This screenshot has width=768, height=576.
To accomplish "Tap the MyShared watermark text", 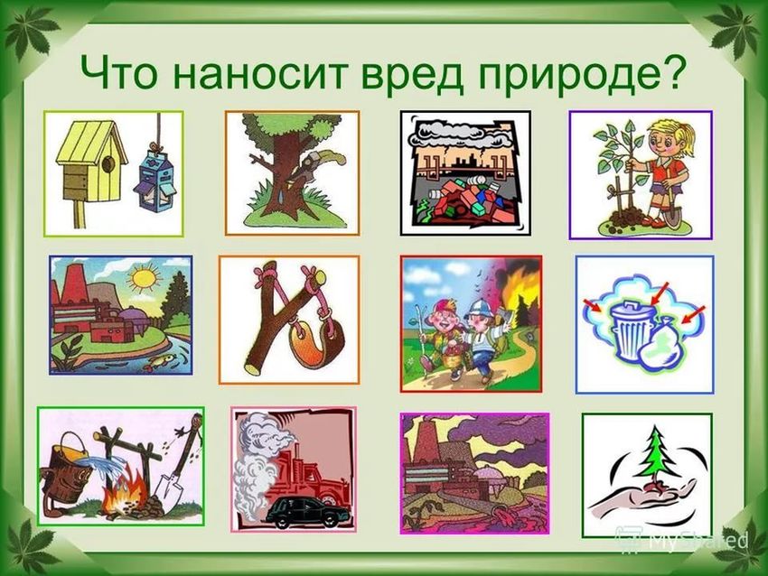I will [x=696, y=541].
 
